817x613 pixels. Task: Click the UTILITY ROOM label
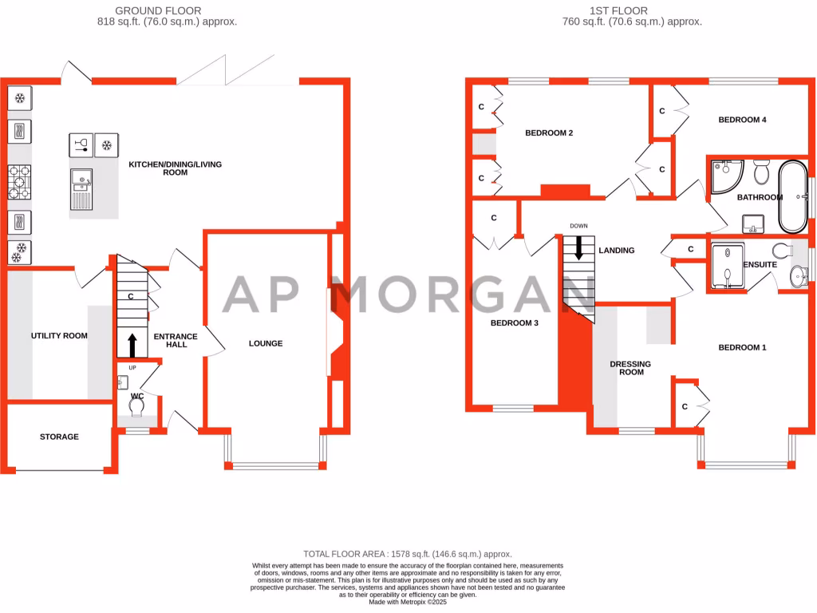59,336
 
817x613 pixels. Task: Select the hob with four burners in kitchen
19,182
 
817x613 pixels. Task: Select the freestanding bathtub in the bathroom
792,196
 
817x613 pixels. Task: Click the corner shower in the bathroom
725,176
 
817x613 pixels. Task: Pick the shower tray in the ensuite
726,265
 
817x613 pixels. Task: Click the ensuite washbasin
796,277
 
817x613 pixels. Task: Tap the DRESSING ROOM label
630,368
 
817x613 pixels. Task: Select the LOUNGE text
266,343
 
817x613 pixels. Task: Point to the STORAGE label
60,437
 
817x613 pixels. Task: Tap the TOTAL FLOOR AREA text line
408,554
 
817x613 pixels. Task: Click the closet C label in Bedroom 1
685,406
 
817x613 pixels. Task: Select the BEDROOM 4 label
742,120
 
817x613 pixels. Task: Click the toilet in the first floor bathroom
760,171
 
